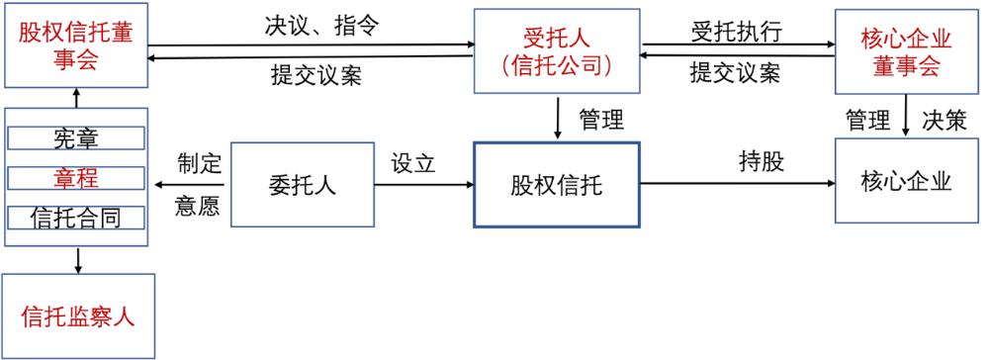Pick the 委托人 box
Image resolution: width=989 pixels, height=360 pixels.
(302, 186)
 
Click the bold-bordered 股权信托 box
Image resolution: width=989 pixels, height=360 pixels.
(557, 184)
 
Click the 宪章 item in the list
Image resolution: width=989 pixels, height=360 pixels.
(76, 138)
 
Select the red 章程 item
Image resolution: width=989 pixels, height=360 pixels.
(76, 178)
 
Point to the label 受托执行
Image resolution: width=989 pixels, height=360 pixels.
(737, 30)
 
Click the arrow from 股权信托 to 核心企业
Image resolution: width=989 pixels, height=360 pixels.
(737, 183)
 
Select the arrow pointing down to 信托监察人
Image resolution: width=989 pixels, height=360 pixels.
(78, 259)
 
